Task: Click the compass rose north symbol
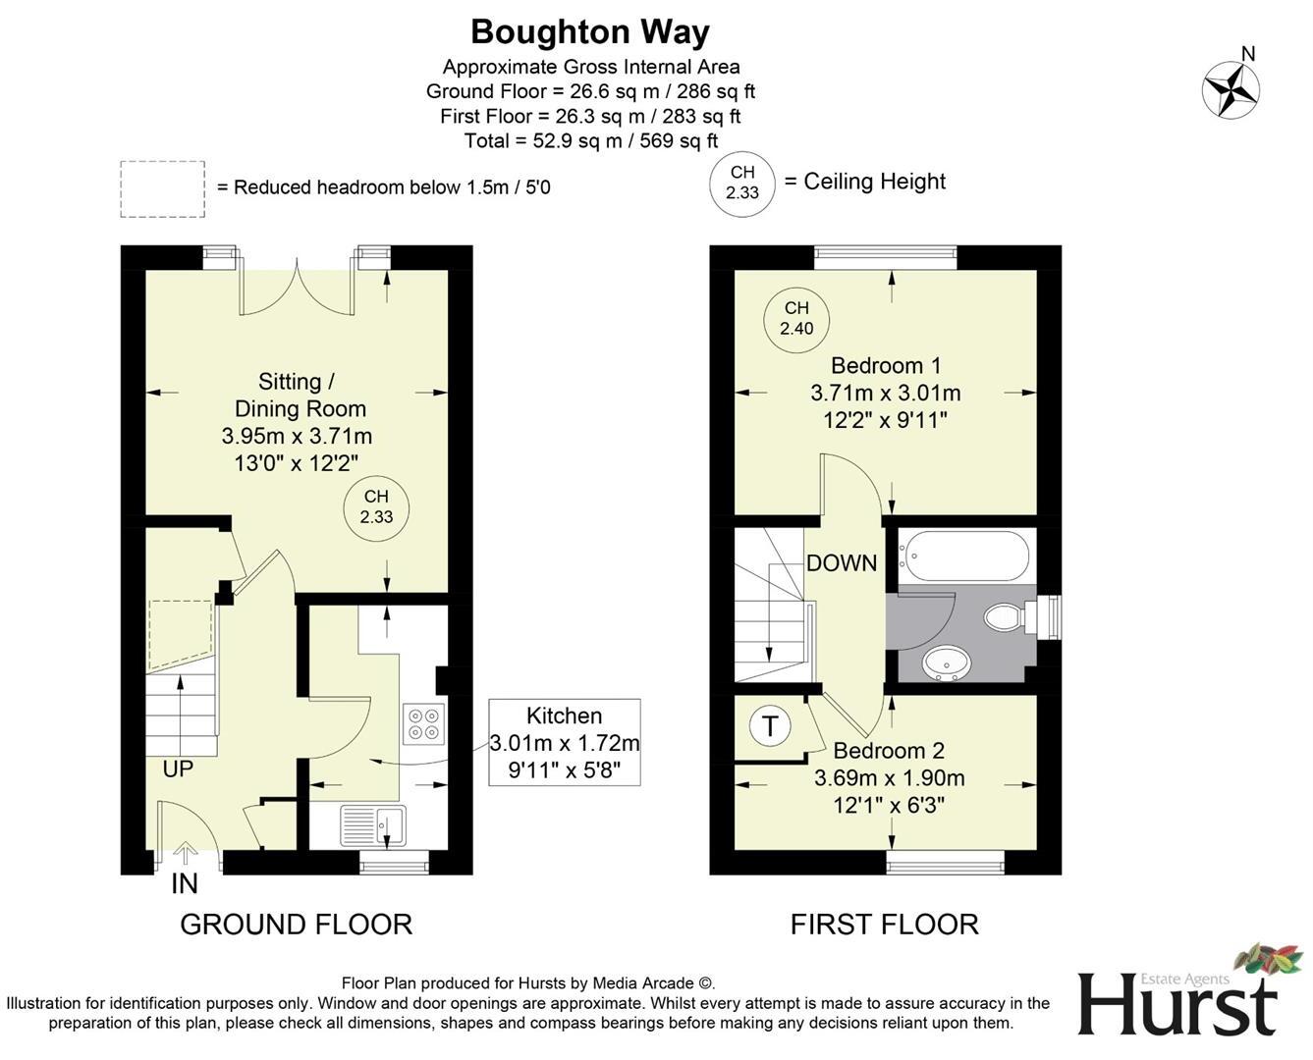pyautogui.click(x=1231, y=89)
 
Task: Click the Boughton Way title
pyautogui.click(x=589, y=32)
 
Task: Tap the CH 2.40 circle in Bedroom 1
pyautogui.click(x=796, y=319)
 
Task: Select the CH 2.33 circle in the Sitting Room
pyautogui.click(x=376, y=507)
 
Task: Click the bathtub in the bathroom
pyautogui.click(x=964, y=556)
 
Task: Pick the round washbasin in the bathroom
pyautogui.click(x=947, y=662)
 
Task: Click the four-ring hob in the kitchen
pyautogui.click(x=423, y=723)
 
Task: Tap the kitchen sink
pyautogui.click(x=372, y=824)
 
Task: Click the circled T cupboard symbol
pyautogui.click(x=770, y=726)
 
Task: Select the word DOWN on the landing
pyautogui.click(x=842, y=563)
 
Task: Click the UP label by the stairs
pyautogui.click(x=178, y=768)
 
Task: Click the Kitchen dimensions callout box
pyautogui.click(x=565, y=743)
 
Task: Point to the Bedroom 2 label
pyautogui.click(x=889, y=751)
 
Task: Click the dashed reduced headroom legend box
pyautogui.click(x=163, y=188)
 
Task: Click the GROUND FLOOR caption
pyautogui.click(x=296, y=924)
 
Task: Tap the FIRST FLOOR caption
pyautogui.click(x=884, y=924)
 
